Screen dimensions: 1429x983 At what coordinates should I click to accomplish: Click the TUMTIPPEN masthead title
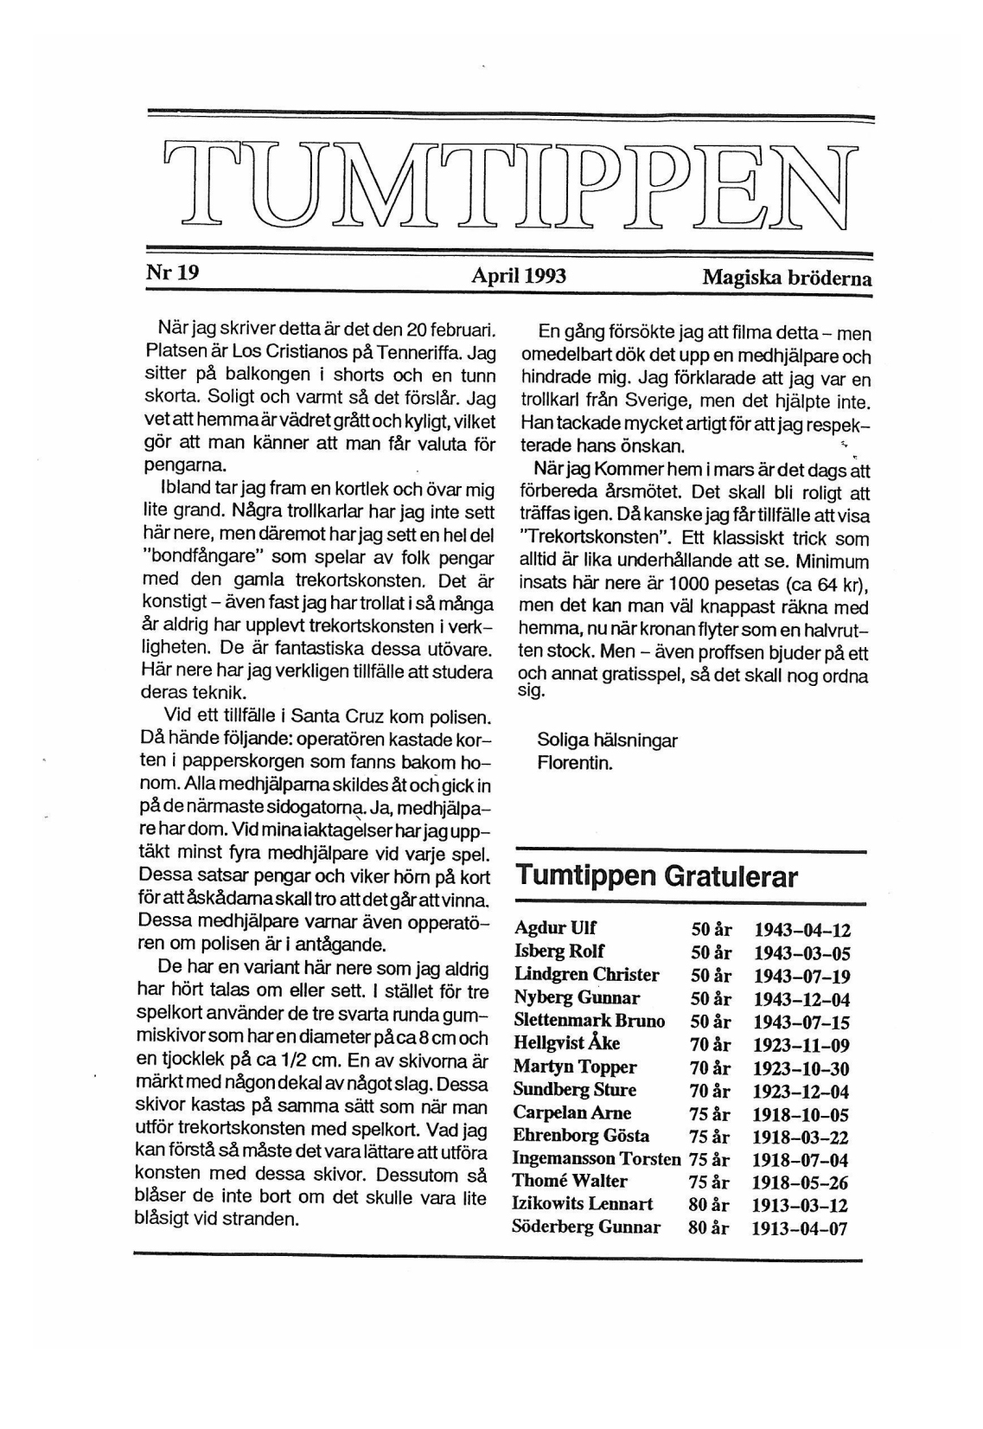[x=510, y=187]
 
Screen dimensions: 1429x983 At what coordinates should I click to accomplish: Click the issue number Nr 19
[x=173, y=273]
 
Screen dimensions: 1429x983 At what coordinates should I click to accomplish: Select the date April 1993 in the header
[x=519, y=276]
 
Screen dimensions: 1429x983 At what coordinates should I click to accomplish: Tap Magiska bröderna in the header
[x=787, y=279]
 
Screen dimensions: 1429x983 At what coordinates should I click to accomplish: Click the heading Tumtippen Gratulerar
[x=657, y=876]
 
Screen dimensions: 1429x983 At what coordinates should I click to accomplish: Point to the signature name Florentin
[x=575, y=764]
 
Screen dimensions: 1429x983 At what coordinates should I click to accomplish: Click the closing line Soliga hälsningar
[x=607, y=740]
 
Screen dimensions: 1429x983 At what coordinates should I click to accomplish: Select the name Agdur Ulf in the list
[x=555, y=929]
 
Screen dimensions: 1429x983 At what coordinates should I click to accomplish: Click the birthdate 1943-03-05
[x=802, y=953]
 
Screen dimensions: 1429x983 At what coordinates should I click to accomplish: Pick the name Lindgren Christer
[x=587, y=975]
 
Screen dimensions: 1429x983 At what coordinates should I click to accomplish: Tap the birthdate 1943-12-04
[x=801, y=999]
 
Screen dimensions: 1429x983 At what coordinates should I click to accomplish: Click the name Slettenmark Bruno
[x=590, y=1021]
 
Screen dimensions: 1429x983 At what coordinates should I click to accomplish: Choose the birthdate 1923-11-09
[x=801, y=1045]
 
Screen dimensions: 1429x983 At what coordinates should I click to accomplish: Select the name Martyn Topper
[x=575, y=1067]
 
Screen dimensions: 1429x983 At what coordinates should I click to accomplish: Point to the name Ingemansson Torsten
[x=597, y=1158]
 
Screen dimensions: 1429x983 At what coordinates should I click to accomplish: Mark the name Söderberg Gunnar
[x=586, y=1227]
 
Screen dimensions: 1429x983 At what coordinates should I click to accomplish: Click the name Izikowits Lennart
[x=583, y=1204]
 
